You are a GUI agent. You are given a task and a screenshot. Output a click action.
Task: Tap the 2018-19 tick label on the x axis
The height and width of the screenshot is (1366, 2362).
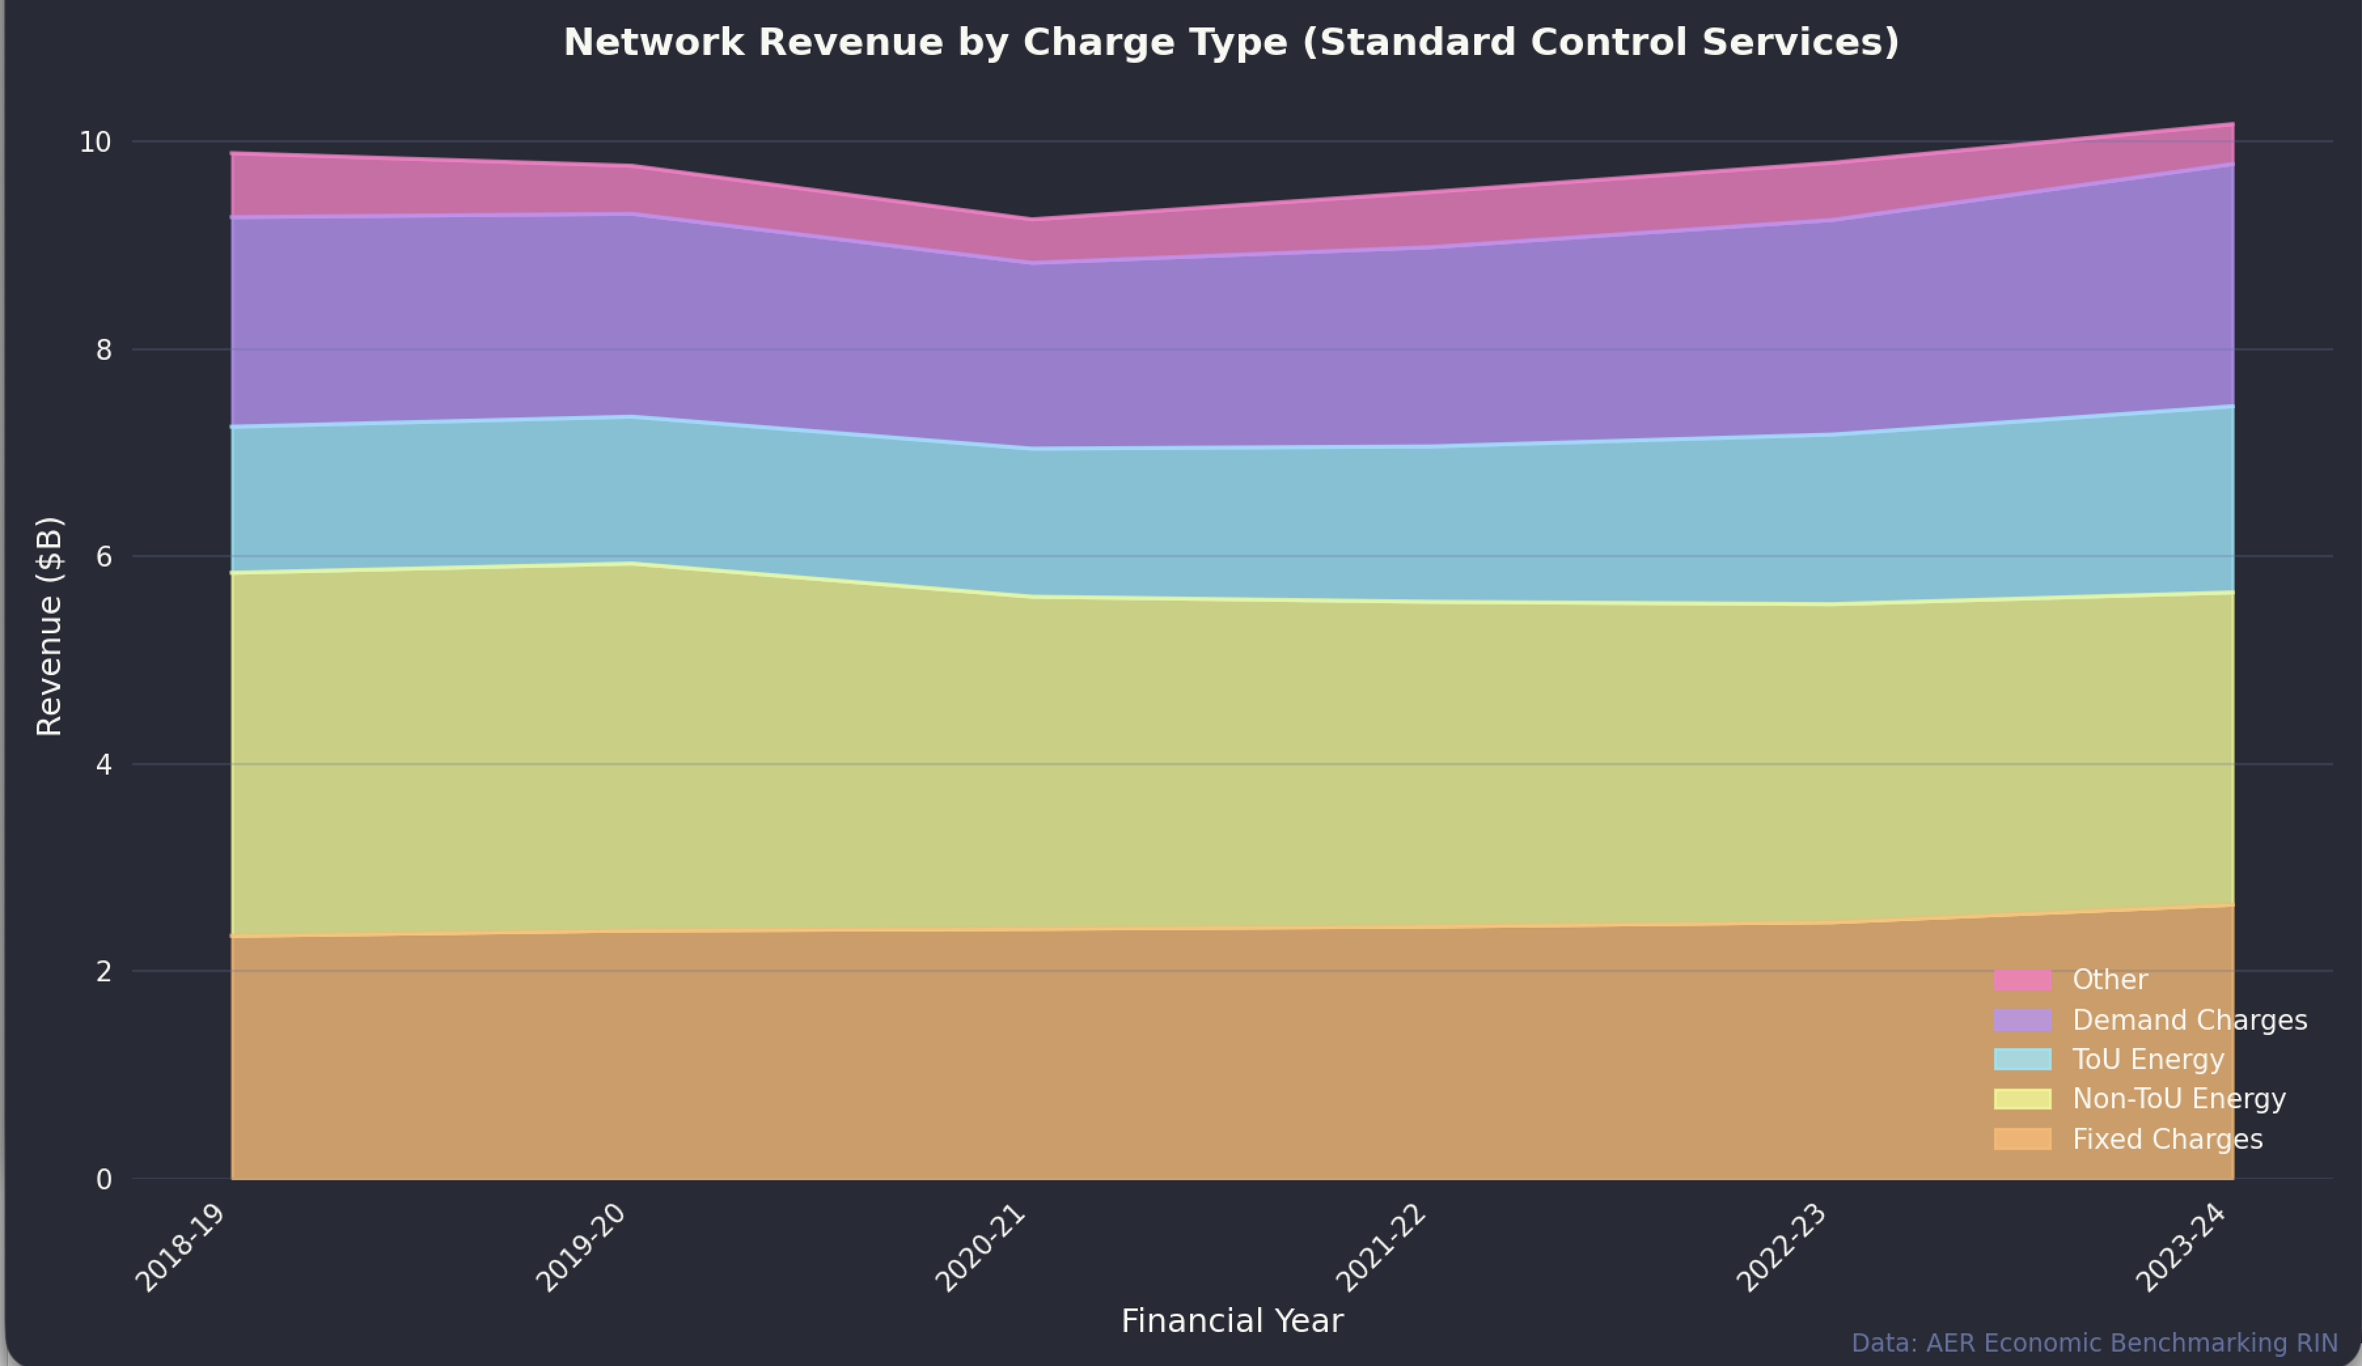(181, 1248)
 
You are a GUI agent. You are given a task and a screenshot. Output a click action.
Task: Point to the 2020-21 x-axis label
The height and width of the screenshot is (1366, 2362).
(981, 1248)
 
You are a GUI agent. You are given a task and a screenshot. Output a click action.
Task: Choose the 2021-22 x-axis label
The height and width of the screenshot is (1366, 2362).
(1381, 1248)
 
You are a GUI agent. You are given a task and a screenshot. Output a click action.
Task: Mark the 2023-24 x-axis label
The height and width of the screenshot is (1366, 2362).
(2181, 1248)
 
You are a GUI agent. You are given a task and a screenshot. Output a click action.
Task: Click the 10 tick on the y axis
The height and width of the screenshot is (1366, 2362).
(95, 143)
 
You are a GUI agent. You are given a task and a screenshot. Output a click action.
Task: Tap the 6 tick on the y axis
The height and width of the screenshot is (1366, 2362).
(103, 557)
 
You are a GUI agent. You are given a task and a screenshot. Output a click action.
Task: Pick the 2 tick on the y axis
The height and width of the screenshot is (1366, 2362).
(103, 972)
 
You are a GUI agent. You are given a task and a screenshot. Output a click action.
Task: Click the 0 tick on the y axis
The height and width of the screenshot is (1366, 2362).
(103, 1180)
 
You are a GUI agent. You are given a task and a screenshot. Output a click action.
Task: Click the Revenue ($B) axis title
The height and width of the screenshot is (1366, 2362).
(48, 626)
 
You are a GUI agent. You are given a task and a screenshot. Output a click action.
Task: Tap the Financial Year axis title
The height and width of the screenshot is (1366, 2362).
(1231, 1321)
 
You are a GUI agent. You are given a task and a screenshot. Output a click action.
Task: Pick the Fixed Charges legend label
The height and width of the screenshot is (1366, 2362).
(2167, 1139)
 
